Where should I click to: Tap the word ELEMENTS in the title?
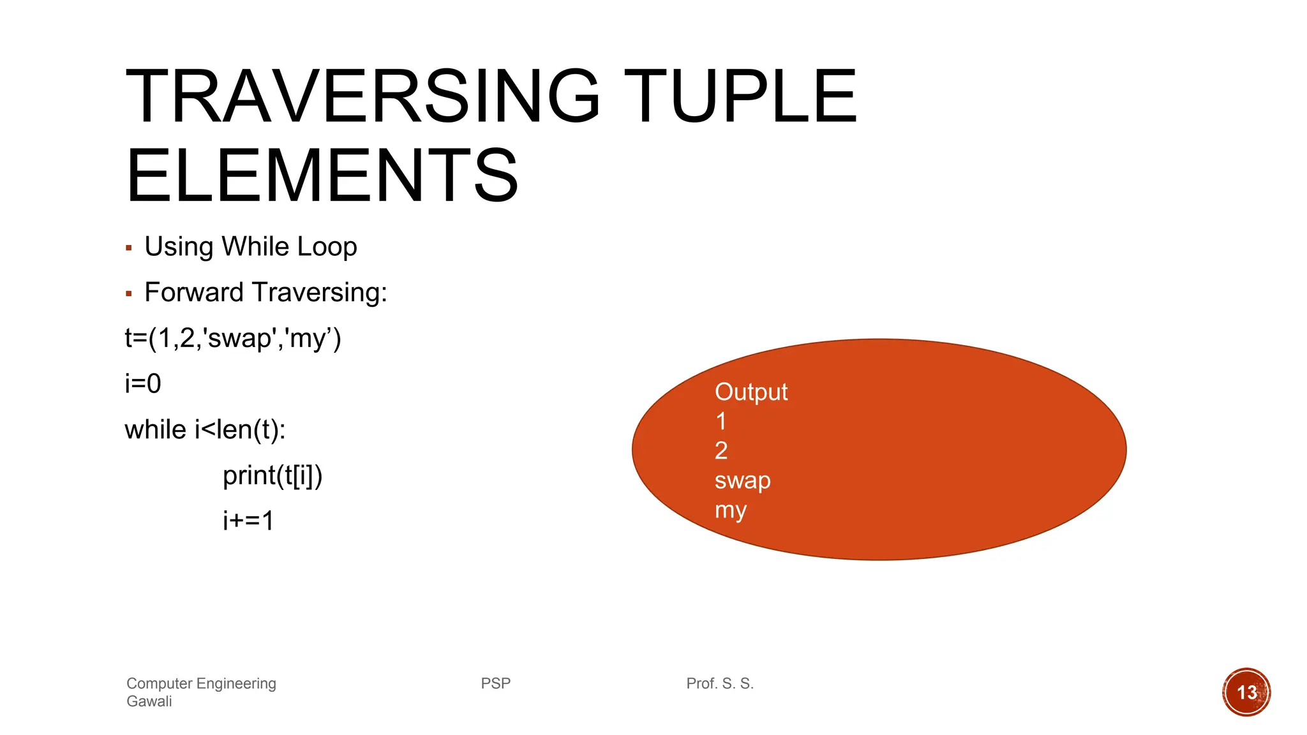tap(322, 175)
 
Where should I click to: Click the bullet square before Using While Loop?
tap(129, 248)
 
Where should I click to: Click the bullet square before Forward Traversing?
tap(129, 293)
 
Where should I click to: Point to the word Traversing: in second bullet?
tap(320, 292)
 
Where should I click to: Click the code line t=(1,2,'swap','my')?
tap(233, 338)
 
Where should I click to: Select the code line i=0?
tap(143, 383)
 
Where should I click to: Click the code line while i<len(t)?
tap(205, 429)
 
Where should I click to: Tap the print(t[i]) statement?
tap(273, 475)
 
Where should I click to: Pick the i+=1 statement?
tap(248, 521)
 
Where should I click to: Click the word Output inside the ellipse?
tap(751, 392)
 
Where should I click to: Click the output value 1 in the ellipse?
tap(721, 421)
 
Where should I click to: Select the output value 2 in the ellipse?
tap(721, 451)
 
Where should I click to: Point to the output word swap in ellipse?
tap(742, 480)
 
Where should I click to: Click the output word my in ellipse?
tap(731, 510)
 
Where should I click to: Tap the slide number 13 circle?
tap(1246, 692)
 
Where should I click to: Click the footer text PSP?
tap(496, 683)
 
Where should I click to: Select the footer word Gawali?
tap(149, 701)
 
